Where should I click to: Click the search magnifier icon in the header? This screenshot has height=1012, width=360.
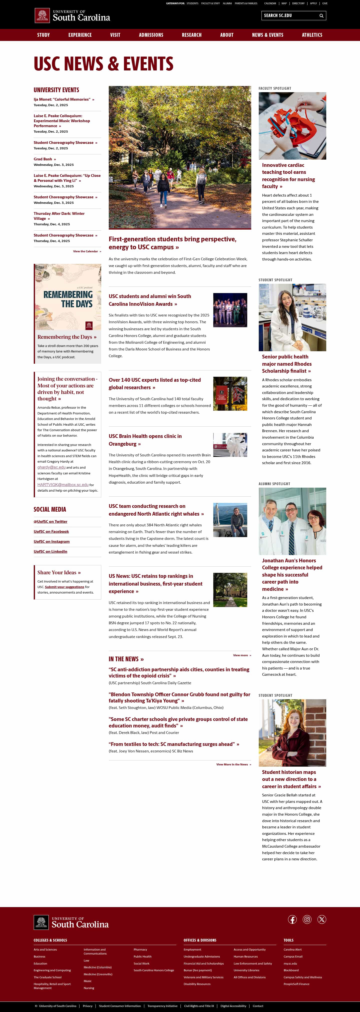321,16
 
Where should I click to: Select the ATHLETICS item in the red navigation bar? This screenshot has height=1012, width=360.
312,35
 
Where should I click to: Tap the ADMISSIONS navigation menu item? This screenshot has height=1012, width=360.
151,35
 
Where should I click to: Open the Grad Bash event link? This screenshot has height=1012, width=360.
43,159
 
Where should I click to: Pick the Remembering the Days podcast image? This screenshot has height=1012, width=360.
67,297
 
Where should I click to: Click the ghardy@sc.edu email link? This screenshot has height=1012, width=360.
51,467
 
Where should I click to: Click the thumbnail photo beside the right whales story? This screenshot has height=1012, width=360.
230,520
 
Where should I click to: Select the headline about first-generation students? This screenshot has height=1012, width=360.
172,243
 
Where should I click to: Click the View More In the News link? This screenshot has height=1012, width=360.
232,764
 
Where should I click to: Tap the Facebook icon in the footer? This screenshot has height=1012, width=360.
292,919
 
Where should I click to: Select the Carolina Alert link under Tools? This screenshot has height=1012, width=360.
292,950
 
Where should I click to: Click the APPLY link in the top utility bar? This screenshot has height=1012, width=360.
313,3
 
